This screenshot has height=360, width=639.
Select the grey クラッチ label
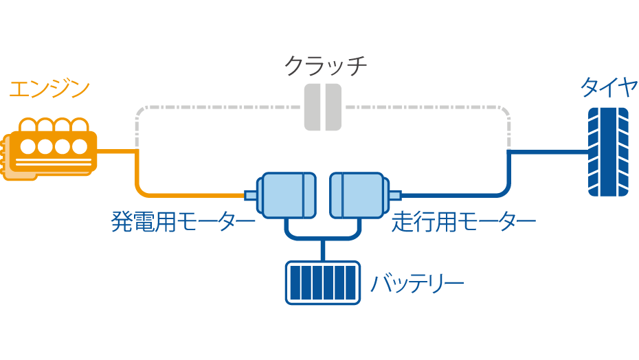click(x=325, y=66)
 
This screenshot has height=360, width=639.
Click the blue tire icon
click(x=607, y=152)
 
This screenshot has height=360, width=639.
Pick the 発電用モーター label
click(x=183, y=222)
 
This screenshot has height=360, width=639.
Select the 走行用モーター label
click(x=464, y=222)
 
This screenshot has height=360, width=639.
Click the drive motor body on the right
click(x=357, y=196)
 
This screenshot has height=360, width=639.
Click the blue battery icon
click(x=323, y=282)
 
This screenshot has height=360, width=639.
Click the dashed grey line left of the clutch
click(x=220, y=107)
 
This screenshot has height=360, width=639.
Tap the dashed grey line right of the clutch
click(x=426, y=107)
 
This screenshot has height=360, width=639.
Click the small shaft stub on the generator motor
click(x=250, y=196)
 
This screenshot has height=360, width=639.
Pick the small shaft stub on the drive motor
click(x=395, y=196)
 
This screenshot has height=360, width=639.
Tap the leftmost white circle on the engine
click(x=29, y=146)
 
